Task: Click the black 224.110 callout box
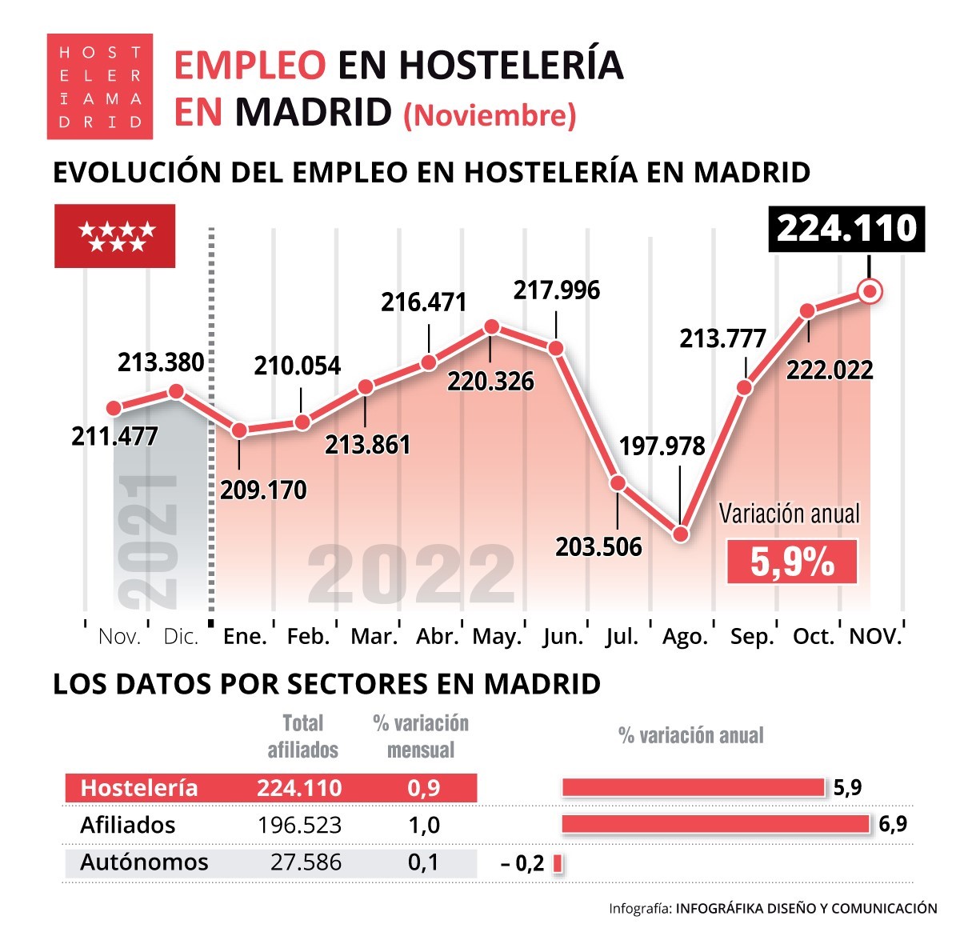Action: (846, 229)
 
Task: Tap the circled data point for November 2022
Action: (870, 291)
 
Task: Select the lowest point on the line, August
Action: (681, 534)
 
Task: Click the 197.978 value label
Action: (662, 446)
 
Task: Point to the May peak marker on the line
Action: (492, 326)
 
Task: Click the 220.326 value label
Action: (490, 381)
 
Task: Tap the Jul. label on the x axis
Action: (622, 637)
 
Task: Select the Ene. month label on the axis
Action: (245, 637)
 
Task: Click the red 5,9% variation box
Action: (791, 562)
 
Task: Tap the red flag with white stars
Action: (114, 236)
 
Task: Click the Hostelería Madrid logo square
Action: (99, 86)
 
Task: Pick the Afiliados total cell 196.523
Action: (300, 825)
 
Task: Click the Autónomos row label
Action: (144, 862)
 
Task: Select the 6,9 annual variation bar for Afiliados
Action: (715, 824)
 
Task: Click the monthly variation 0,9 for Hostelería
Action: (423, 788)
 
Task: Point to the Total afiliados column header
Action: (302, 736)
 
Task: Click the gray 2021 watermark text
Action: (148, 541)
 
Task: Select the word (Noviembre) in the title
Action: (490, 115)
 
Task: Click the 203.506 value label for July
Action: (598, 546)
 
